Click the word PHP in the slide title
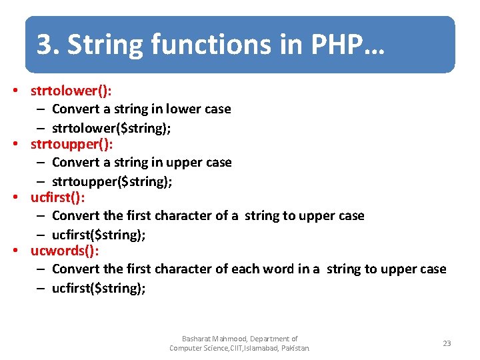coord(337,45)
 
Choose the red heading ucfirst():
coord(58,197)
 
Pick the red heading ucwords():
coord(65,251)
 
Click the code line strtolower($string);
coord(111,128)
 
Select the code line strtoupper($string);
coord(112,181)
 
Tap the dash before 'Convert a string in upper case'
coord(41,163)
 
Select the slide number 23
coord(447,343)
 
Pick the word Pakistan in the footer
coord(294,348)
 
